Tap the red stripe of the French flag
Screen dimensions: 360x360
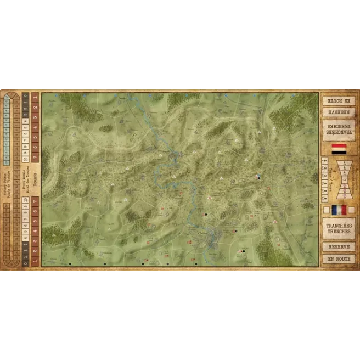pyautogui.click(x=344, y=210)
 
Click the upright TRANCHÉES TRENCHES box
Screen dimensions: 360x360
pyautogui.click(x=339, y=228)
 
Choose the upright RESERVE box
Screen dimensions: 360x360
pyautogui.click(x=339, y=246)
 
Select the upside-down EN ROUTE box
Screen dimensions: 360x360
pyautogui.click(x=339, y=100)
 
